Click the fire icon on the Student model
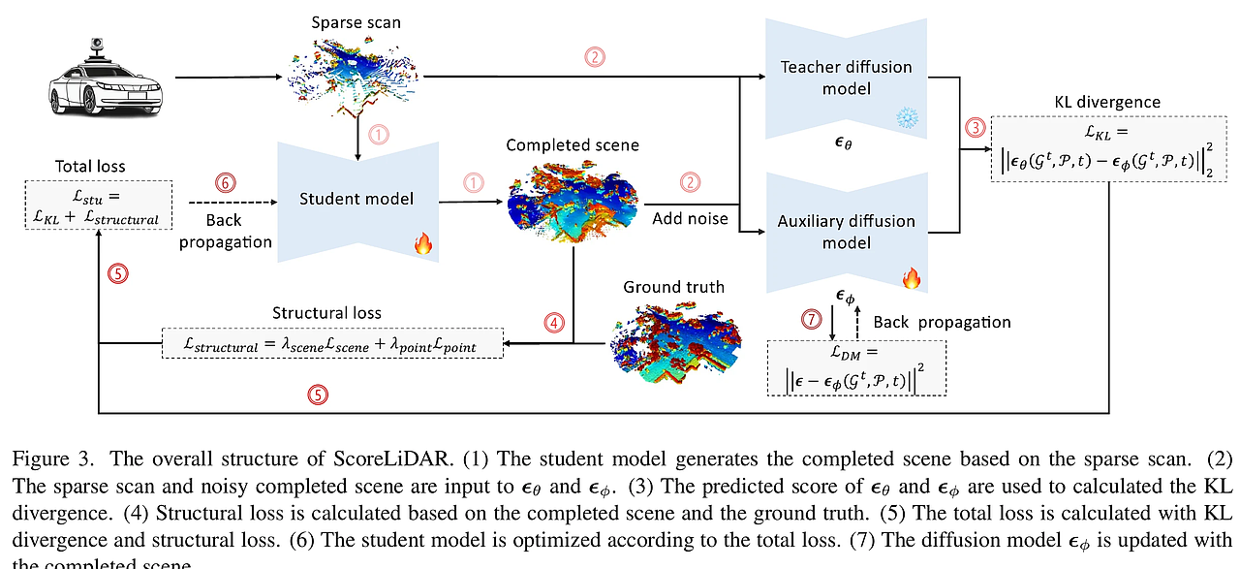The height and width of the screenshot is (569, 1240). (x=423, y=243)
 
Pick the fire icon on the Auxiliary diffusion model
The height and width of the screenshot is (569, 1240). (x=911, y=279)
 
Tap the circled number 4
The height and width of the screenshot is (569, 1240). (x=552, y=324)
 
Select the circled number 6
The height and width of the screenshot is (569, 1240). (x=224, y=181)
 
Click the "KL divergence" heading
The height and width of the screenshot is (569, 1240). (x=1107, y=102)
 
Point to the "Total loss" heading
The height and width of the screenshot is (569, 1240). (x=91, y=166)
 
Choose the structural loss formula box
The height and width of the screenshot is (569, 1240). (x=332, y=343)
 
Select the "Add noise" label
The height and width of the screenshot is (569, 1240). (x=690, y=219)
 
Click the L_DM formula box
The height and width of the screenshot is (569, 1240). (x=856, y=367)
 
